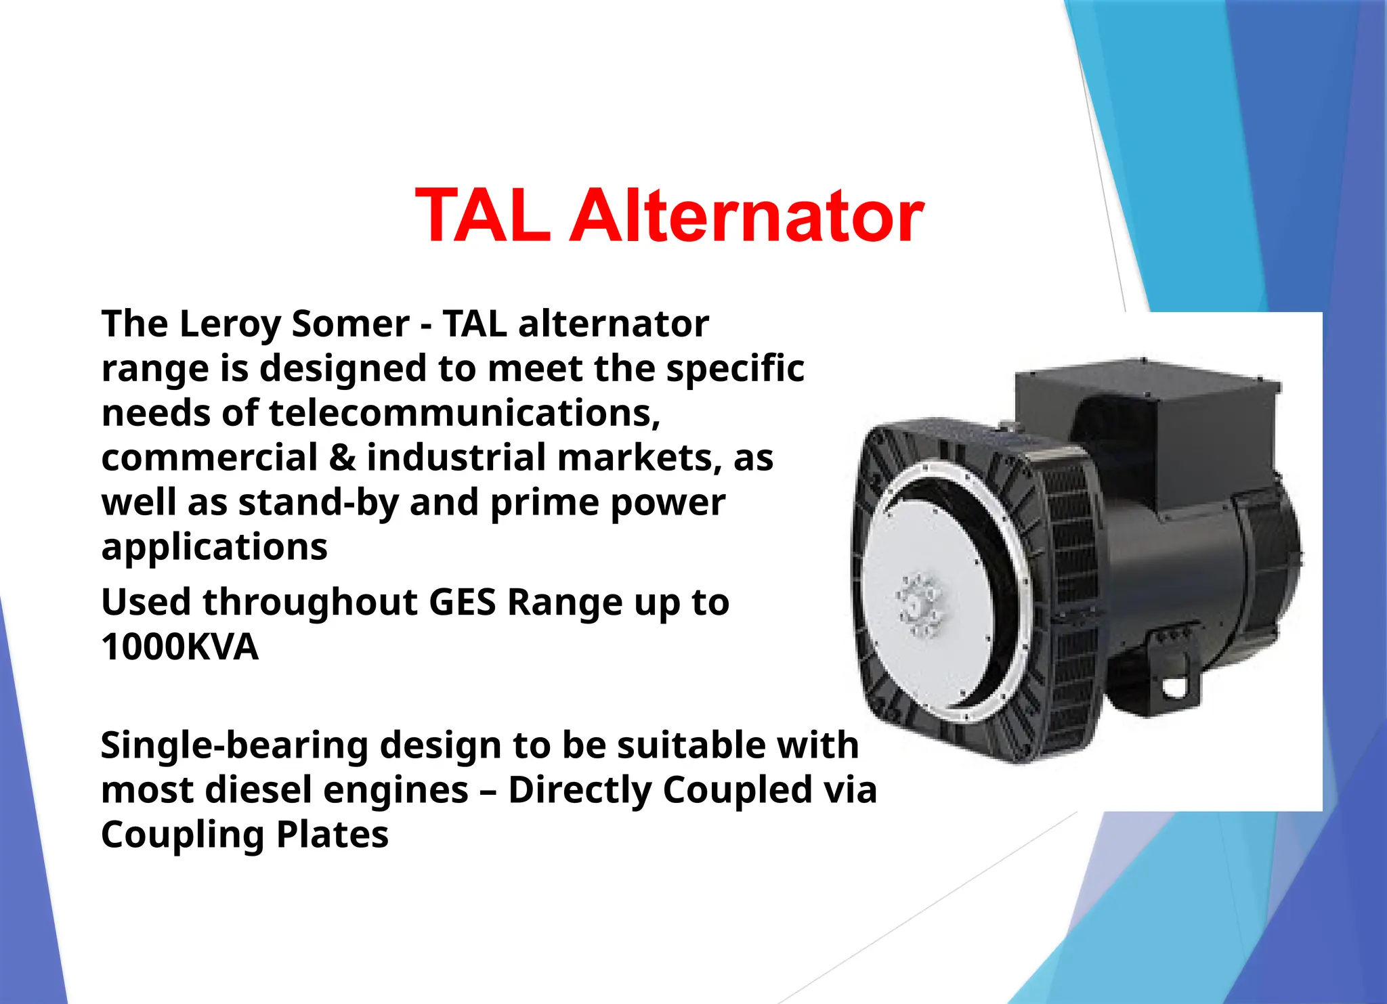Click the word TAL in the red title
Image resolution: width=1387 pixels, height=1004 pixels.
pos(483,216)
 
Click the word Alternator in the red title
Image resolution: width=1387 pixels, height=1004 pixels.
pos(747,216)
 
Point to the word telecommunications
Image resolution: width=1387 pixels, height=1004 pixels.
pos(464,413)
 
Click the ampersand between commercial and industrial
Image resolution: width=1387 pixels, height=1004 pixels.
pos(342,458)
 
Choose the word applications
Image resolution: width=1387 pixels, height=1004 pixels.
pos(214,547)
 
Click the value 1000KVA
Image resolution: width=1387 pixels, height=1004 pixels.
pos(179,647)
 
